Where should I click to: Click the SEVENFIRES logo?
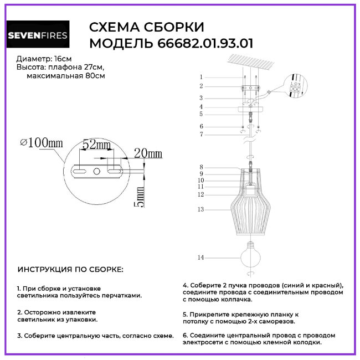pyautogui.click(x=38, y=36)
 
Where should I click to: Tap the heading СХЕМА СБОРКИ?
pyautogui.click(x=147, y=27)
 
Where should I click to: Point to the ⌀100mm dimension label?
pyautogui.click(x=41, y=143)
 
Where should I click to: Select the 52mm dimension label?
pyautogui.click(x=97, y=145)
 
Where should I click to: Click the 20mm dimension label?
pyautogui.click(x=148, y=153)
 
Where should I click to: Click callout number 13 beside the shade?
pyautogui.click(x=201, y=209)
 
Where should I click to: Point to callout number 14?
pyautogui.click(x=201, y=258)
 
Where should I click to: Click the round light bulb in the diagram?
pyautogui.click(x=251, y=255)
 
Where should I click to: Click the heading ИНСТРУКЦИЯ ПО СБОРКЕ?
pyautogui.click(x=71, y=270)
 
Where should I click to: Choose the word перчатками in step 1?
pyautogui.click(x=122, y=296)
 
